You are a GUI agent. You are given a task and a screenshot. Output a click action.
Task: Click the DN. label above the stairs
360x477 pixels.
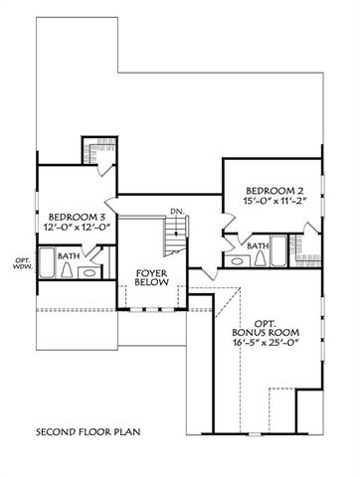pos(176,211)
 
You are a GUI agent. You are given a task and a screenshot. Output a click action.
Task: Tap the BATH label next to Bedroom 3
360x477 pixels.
pos(69,255)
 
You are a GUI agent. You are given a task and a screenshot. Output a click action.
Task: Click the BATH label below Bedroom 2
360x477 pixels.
pos(258,246)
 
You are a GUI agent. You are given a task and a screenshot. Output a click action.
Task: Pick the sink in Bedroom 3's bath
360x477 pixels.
pos(88,270)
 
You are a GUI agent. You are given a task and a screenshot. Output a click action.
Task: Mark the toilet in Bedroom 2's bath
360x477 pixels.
pos(261,259)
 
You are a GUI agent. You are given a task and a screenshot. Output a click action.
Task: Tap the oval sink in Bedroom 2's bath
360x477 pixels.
pos(238,260)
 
